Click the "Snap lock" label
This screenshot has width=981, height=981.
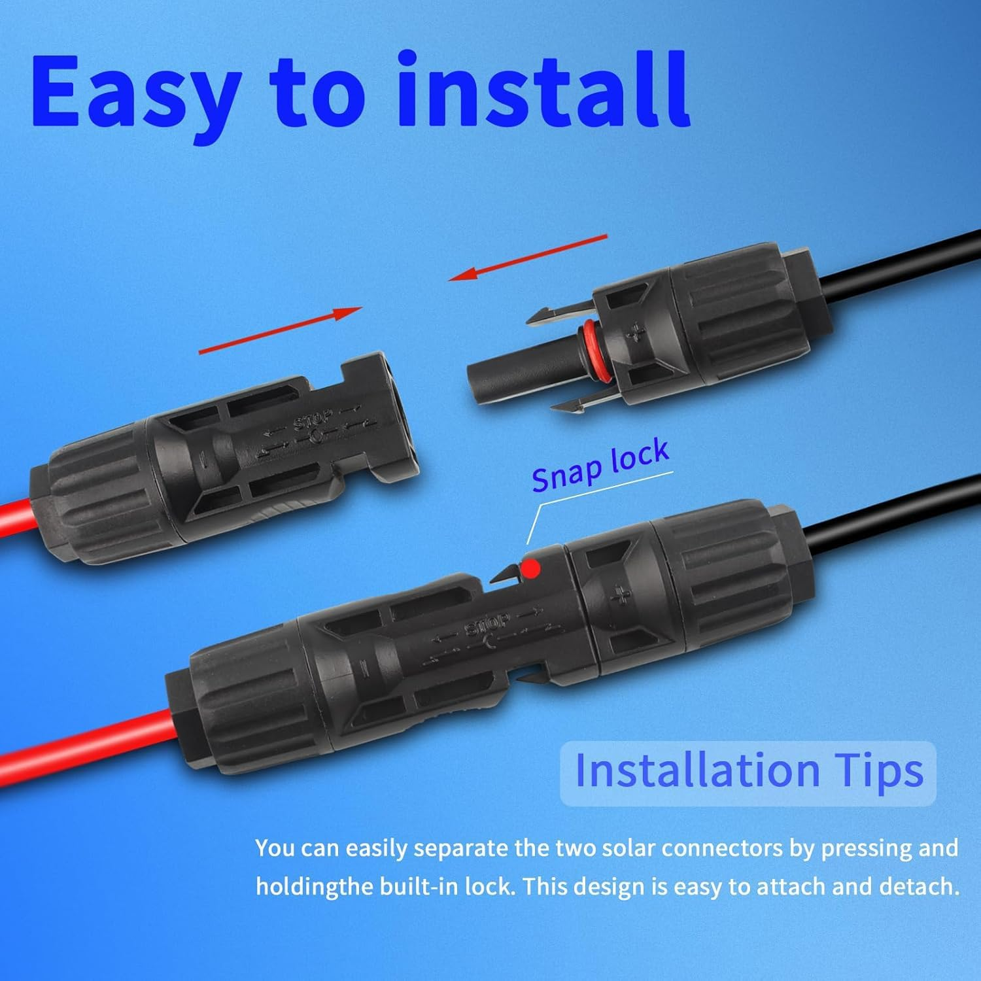pos(600,465)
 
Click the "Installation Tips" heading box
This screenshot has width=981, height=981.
pos(748,772)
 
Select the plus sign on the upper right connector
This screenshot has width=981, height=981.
pos(635,334)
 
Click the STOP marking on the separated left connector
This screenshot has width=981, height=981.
pos(314,421)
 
